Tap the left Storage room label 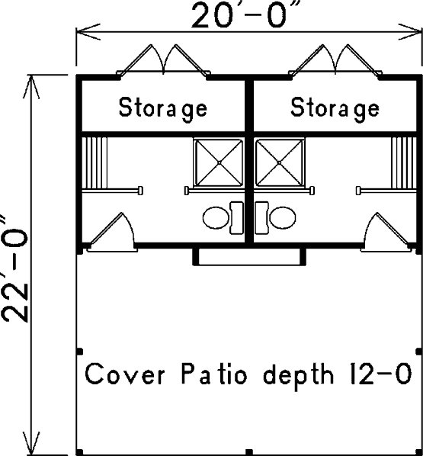point(163,108)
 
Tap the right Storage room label point(335,108)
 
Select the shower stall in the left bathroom point(219,162)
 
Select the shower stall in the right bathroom point(280,162)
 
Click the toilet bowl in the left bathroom point(216,217)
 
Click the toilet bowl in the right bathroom point(283,217)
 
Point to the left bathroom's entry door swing point(112,232)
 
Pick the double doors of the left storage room point(163,60)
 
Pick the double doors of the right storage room point(335,60)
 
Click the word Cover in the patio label point(125,374)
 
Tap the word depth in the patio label point(299,375)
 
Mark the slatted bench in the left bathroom point(95,163)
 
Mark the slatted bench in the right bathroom point(404,163)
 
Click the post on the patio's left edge point(80,352)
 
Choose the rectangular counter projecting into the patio point(249,257)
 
